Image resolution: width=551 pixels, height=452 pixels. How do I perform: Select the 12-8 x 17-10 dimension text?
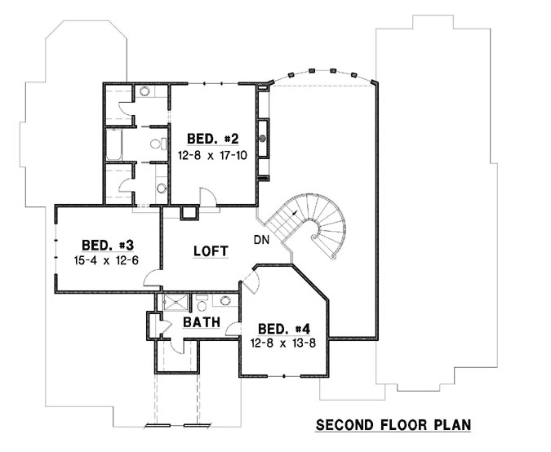coord(212,153)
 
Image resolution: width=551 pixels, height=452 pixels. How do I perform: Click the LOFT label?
coord(210,251)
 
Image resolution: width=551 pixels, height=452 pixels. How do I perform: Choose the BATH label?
coord(200,322)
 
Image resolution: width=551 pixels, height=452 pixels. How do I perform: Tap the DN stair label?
coord(262,240)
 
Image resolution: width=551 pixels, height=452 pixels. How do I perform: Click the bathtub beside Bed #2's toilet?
coord(113,144)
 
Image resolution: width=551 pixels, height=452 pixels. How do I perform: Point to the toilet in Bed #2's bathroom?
coord(154,145)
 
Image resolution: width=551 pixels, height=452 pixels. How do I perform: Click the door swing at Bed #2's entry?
coord(209,197)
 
